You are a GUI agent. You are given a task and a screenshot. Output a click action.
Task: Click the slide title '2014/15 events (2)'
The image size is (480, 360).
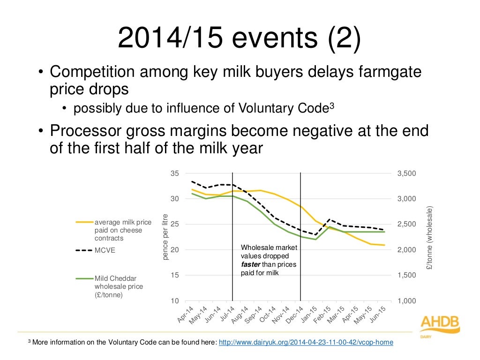click(x=240, y=38)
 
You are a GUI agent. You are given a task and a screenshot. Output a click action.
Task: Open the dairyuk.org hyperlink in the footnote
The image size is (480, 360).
click(x=306, y=343)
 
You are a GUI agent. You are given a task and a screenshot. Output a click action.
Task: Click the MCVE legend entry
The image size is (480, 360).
click(x=105, y=250)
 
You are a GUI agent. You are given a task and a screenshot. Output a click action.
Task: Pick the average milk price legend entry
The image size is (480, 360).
click(x=123, y=230)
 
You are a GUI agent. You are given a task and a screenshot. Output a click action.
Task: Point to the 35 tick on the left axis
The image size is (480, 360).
click(x=174, y=173)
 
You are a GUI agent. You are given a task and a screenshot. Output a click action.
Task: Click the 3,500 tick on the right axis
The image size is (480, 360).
click(x=406, y=173)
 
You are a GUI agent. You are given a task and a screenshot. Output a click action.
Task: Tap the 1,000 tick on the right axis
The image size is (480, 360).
click(x=406, y=301)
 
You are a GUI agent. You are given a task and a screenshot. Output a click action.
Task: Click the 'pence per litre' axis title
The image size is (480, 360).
click(x=165, y=237)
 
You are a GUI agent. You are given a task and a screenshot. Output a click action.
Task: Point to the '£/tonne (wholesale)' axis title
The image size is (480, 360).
click(x=429, y=237)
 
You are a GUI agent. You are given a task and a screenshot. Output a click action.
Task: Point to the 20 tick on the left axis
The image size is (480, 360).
click(x=174, y=250)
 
